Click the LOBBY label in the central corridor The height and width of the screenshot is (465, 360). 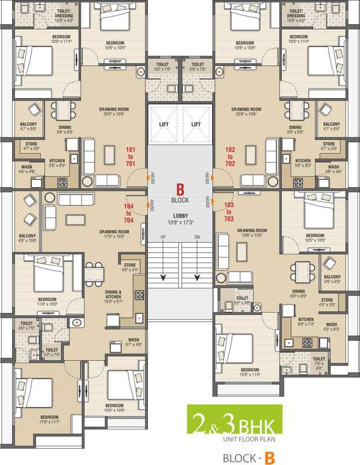point(179,216)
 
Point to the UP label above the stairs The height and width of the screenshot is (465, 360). point(162,237)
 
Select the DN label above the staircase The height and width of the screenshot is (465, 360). point(196,237)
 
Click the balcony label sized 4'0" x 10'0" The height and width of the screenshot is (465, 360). point(27,239)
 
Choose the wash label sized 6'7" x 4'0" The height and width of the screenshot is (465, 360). point(134,342)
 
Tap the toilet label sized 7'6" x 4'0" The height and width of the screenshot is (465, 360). point(318,361)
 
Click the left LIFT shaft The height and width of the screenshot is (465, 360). point(163,124)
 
